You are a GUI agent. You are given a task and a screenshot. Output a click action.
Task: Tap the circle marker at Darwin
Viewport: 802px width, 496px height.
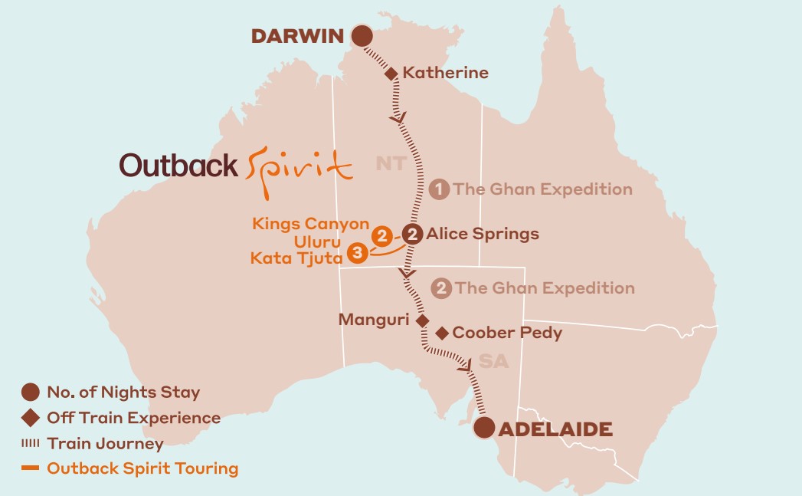click(x=361, y=36)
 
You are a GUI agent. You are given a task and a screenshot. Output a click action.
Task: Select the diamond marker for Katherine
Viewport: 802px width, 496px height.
click(x=391, y=74)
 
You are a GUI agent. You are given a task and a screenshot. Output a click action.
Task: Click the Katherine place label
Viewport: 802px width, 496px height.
click(x=445, y=74)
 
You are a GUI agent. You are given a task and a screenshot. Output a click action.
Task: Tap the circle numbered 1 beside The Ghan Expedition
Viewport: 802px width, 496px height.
click(x=439, y=189)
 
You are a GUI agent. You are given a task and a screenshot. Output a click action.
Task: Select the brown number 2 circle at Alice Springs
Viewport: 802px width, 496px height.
click(x=412, y=234)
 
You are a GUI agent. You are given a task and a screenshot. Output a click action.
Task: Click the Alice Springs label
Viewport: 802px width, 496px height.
click(x=483, y=234)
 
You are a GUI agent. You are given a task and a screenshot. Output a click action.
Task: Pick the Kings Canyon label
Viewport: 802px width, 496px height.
click(x=310, y=224)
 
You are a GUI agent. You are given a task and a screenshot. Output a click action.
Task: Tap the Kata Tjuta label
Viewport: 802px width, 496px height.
click(x=296, y=258)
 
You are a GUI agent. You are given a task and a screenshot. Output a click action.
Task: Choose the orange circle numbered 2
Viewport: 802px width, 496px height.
click(x=381, y=236)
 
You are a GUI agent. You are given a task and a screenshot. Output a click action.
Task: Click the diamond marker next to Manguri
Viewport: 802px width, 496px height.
click(x=422, y=320)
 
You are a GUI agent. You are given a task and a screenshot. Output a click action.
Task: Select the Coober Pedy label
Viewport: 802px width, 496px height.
click(x=507, y=333)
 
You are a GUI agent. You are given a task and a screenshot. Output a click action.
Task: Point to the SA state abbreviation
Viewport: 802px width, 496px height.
click(x=494, y=361)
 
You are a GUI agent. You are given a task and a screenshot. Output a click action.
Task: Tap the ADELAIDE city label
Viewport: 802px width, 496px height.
click(x=555, y=429)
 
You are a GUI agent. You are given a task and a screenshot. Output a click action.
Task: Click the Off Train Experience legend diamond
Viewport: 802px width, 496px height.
click(x=31, y=419)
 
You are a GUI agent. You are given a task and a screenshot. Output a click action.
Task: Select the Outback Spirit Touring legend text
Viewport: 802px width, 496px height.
click(x=142, y=468)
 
